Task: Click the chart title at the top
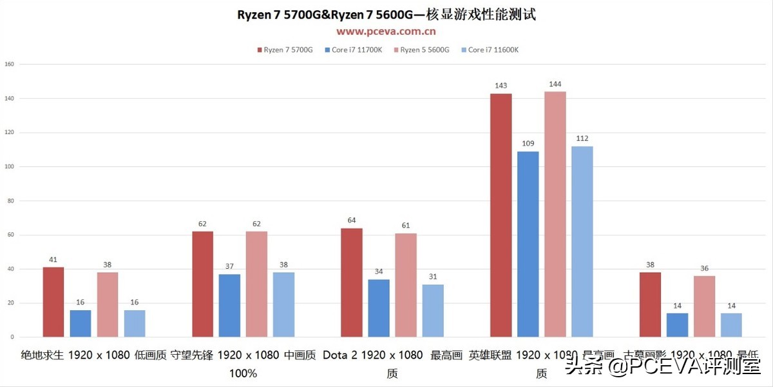[386, 15]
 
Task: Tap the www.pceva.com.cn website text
[386, 31]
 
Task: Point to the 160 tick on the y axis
[9, 64]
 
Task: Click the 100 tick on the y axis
[9, 166]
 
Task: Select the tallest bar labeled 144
[555, 214]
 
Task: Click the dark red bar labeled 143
[501, 215]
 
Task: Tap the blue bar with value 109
[528, 244]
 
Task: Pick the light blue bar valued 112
[582, 241]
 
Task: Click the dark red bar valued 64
[352, 283]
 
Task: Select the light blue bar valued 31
[433, 310]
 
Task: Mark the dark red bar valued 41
[53, 302]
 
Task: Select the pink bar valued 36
[705, 306]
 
